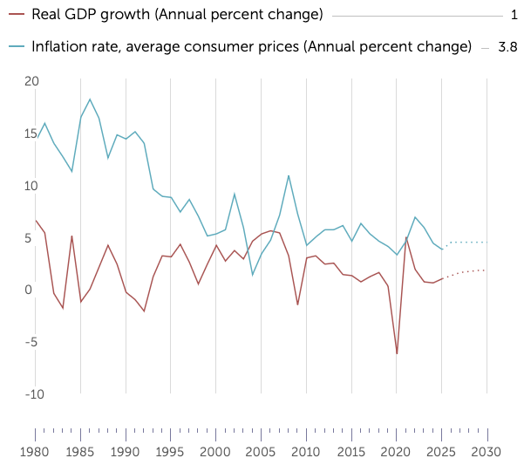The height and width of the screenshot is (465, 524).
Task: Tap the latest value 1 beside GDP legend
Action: (x=514, y=15)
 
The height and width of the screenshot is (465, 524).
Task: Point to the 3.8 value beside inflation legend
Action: (x=507, y=47)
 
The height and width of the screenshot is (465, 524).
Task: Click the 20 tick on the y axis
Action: (x=32, y=81)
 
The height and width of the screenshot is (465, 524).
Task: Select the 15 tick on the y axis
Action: (x=32, y=133)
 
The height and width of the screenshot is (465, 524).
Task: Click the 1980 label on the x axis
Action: (x=35, y=452)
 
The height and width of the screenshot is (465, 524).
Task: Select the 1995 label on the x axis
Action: (x=171, y=452)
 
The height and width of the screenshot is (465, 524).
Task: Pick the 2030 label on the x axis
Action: (x=487, y=452)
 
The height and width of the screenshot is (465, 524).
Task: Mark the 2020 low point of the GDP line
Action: (x=397, y=353)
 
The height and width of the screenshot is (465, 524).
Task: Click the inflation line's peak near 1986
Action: (x=90, y=99)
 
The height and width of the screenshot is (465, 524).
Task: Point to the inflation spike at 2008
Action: (x=289, y=175)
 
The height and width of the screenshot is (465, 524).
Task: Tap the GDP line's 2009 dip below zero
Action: (x=297, y=304)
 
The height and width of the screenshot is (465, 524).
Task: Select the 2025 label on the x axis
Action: (x=442, y=452)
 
